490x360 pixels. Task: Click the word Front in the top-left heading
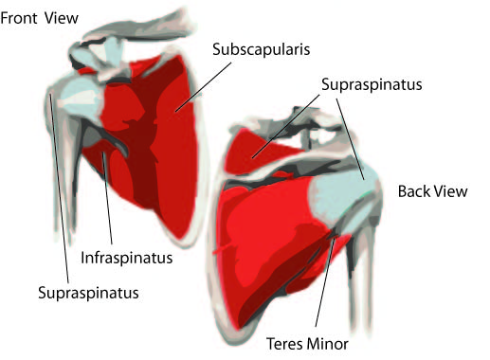pyautogui.click(x=20, y=18)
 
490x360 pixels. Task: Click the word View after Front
pyautogui.click(x=62, y=18)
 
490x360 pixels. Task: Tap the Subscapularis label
pyautogui.click(x=261, y=49)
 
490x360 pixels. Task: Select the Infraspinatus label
pyautogui.click(x=127, y=258)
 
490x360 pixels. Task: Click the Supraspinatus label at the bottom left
pyautogui.click(x=88, y=293)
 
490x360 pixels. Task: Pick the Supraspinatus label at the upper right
pyautogui.click(x=372, y=84)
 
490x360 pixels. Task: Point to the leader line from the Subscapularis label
pyautogui.click(x=204, y=87)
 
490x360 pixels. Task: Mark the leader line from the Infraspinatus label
pyautogui.click(x=107, y=198)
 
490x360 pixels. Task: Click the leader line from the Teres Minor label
pyautogui.click(x=324, y=282)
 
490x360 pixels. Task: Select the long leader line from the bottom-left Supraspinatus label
pyautogui.click(x=59, y=187)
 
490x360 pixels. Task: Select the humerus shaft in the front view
pyautogui.click(x=64, y=164)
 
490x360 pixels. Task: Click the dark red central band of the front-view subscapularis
pyautogui.click(x=144, y=149)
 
